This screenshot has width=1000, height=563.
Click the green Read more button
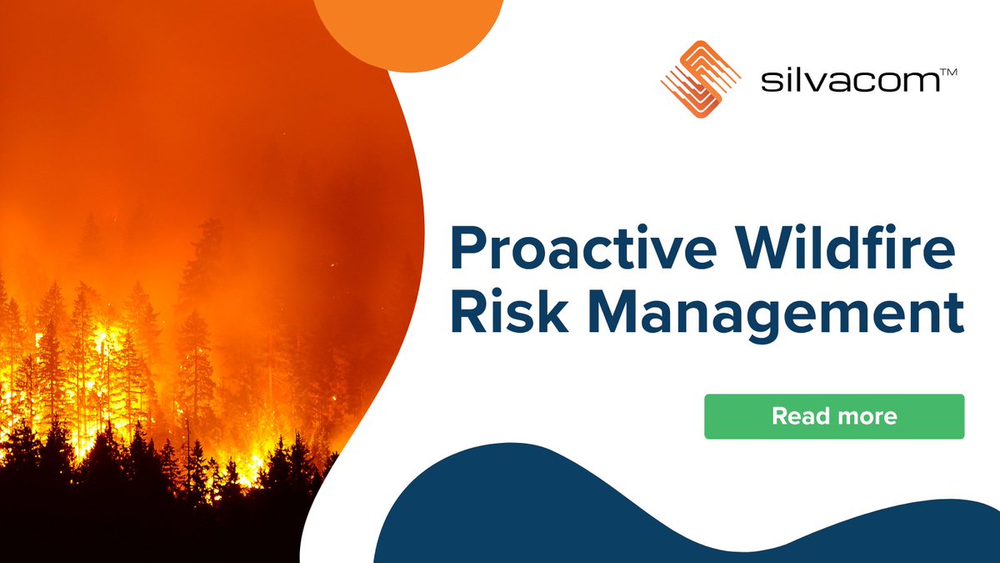pyautogui.click(x=833, y=416)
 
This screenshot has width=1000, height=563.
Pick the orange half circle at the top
pyautogui.click(x=408, y=29)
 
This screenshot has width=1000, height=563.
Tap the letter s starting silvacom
pyautogui.click(x=768, y=85)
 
